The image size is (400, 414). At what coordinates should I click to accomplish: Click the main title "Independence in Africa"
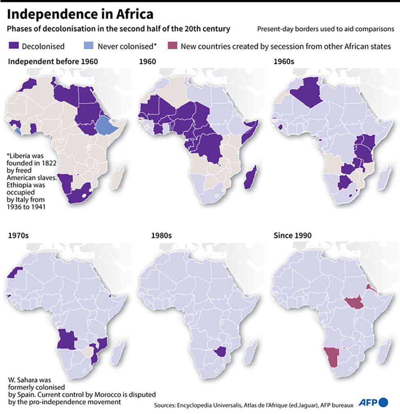click(81, 15)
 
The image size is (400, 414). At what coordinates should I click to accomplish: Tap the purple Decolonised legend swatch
click(14, 46)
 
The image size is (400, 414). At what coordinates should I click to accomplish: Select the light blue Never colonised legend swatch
click(89, 46)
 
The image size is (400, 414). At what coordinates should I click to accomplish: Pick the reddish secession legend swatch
click(173, 46)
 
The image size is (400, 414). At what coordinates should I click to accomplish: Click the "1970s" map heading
click(19, 235)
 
